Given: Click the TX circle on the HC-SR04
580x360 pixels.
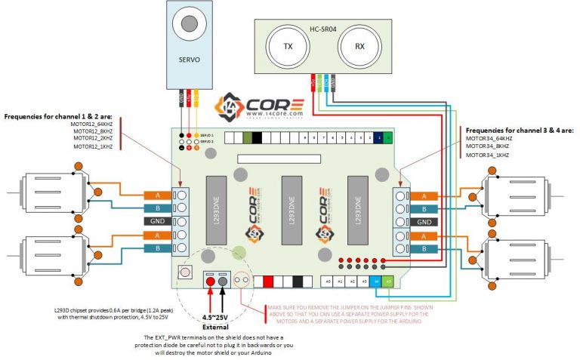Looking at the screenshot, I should (287, 46).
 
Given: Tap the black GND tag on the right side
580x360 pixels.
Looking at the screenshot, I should (424, 222).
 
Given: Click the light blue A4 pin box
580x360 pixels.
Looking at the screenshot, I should (377, 282).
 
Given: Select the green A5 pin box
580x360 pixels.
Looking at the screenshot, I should (389, 282).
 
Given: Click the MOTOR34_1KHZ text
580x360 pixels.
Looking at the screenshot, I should (488, 155).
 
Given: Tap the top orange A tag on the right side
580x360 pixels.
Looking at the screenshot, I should (424, 196).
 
